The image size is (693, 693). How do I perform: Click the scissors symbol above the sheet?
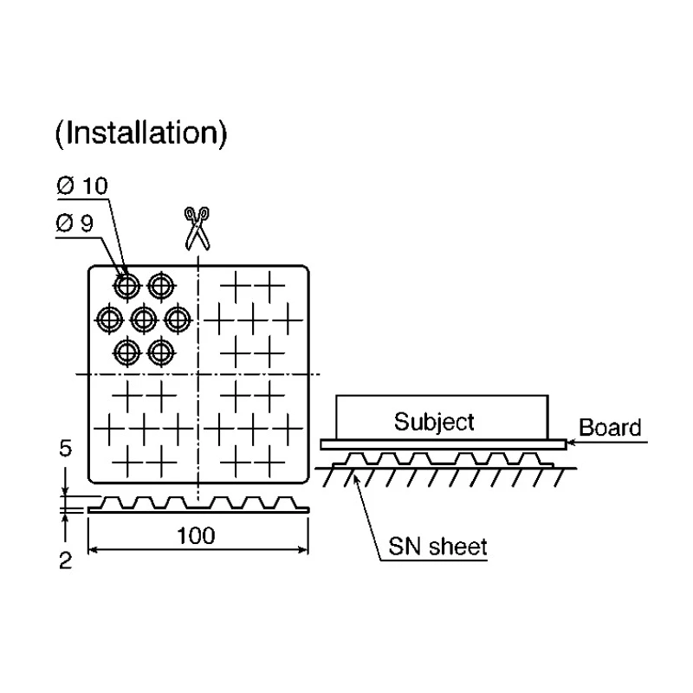pos(198,229)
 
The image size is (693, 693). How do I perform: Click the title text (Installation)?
pos(141,133)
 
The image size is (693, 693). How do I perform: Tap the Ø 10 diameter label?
pos(82,185)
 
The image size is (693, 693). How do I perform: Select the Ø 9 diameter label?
pos(74,223)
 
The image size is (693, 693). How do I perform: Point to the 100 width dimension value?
pos(196,535)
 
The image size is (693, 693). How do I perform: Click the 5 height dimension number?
pos(66,449)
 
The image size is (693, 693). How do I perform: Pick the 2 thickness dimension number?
pos(66,560)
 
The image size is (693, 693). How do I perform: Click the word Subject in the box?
pos(434,423)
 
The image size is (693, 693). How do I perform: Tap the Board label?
pos(610,427)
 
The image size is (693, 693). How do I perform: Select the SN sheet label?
pos(437,547)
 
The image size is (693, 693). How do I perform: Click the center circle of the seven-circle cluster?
pos(144,319)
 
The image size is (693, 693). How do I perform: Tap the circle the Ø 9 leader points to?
pos(126,286)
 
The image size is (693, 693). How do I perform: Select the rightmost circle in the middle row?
pos(178,319)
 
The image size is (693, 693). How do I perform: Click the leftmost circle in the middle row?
pos(110,319)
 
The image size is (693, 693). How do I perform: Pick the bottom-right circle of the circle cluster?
pos(161,353)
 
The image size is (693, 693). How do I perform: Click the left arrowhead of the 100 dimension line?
pos(93,550)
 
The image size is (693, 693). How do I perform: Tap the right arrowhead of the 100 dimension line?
pos(303,550)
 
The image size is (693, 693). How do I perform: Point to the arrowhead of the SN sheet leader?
pos(356,478)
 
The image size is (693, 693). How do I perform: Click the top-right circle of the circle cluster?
pos(161,286)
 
